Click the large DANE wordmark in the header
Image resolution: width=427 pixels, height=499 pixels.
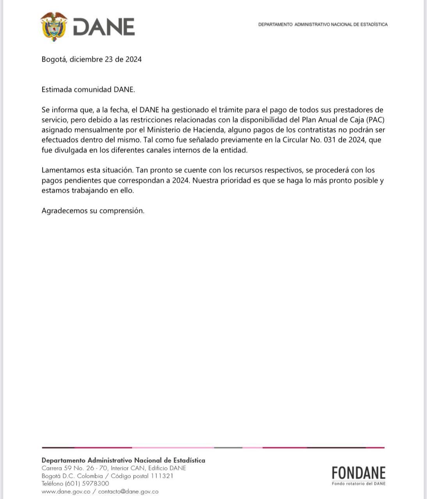(104, 27)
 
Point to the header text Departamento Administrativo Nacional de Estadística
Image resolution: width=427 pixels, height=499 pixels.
(323, 25)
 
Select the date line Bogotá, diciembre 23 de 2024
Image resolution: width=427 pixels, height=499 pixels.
(92, 59)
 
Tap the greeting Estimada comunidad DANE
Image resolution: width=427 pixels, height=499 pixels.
(88, 89)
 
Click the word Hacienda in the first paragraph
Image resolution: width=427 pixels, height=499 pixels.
(203, 130)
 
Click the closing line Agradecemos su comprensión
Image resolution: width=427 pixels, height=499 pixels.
(93, 211)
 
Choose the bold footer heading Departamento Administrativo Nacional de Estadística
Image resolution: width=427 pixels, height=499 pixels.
(123, 460)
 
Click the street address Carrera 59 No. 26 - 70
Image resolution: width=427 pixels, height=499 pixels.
(74, 468)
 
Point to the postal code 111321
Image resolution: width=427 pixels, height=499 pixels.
(162, 476)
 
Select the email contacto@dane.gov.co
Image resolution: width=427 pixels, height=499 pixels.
(128, 492)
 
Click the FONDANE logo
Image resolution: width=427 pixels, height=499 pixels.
(358, 473)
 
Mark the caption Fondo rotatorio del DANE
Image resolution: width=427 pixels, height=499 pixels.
(358, 484)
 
